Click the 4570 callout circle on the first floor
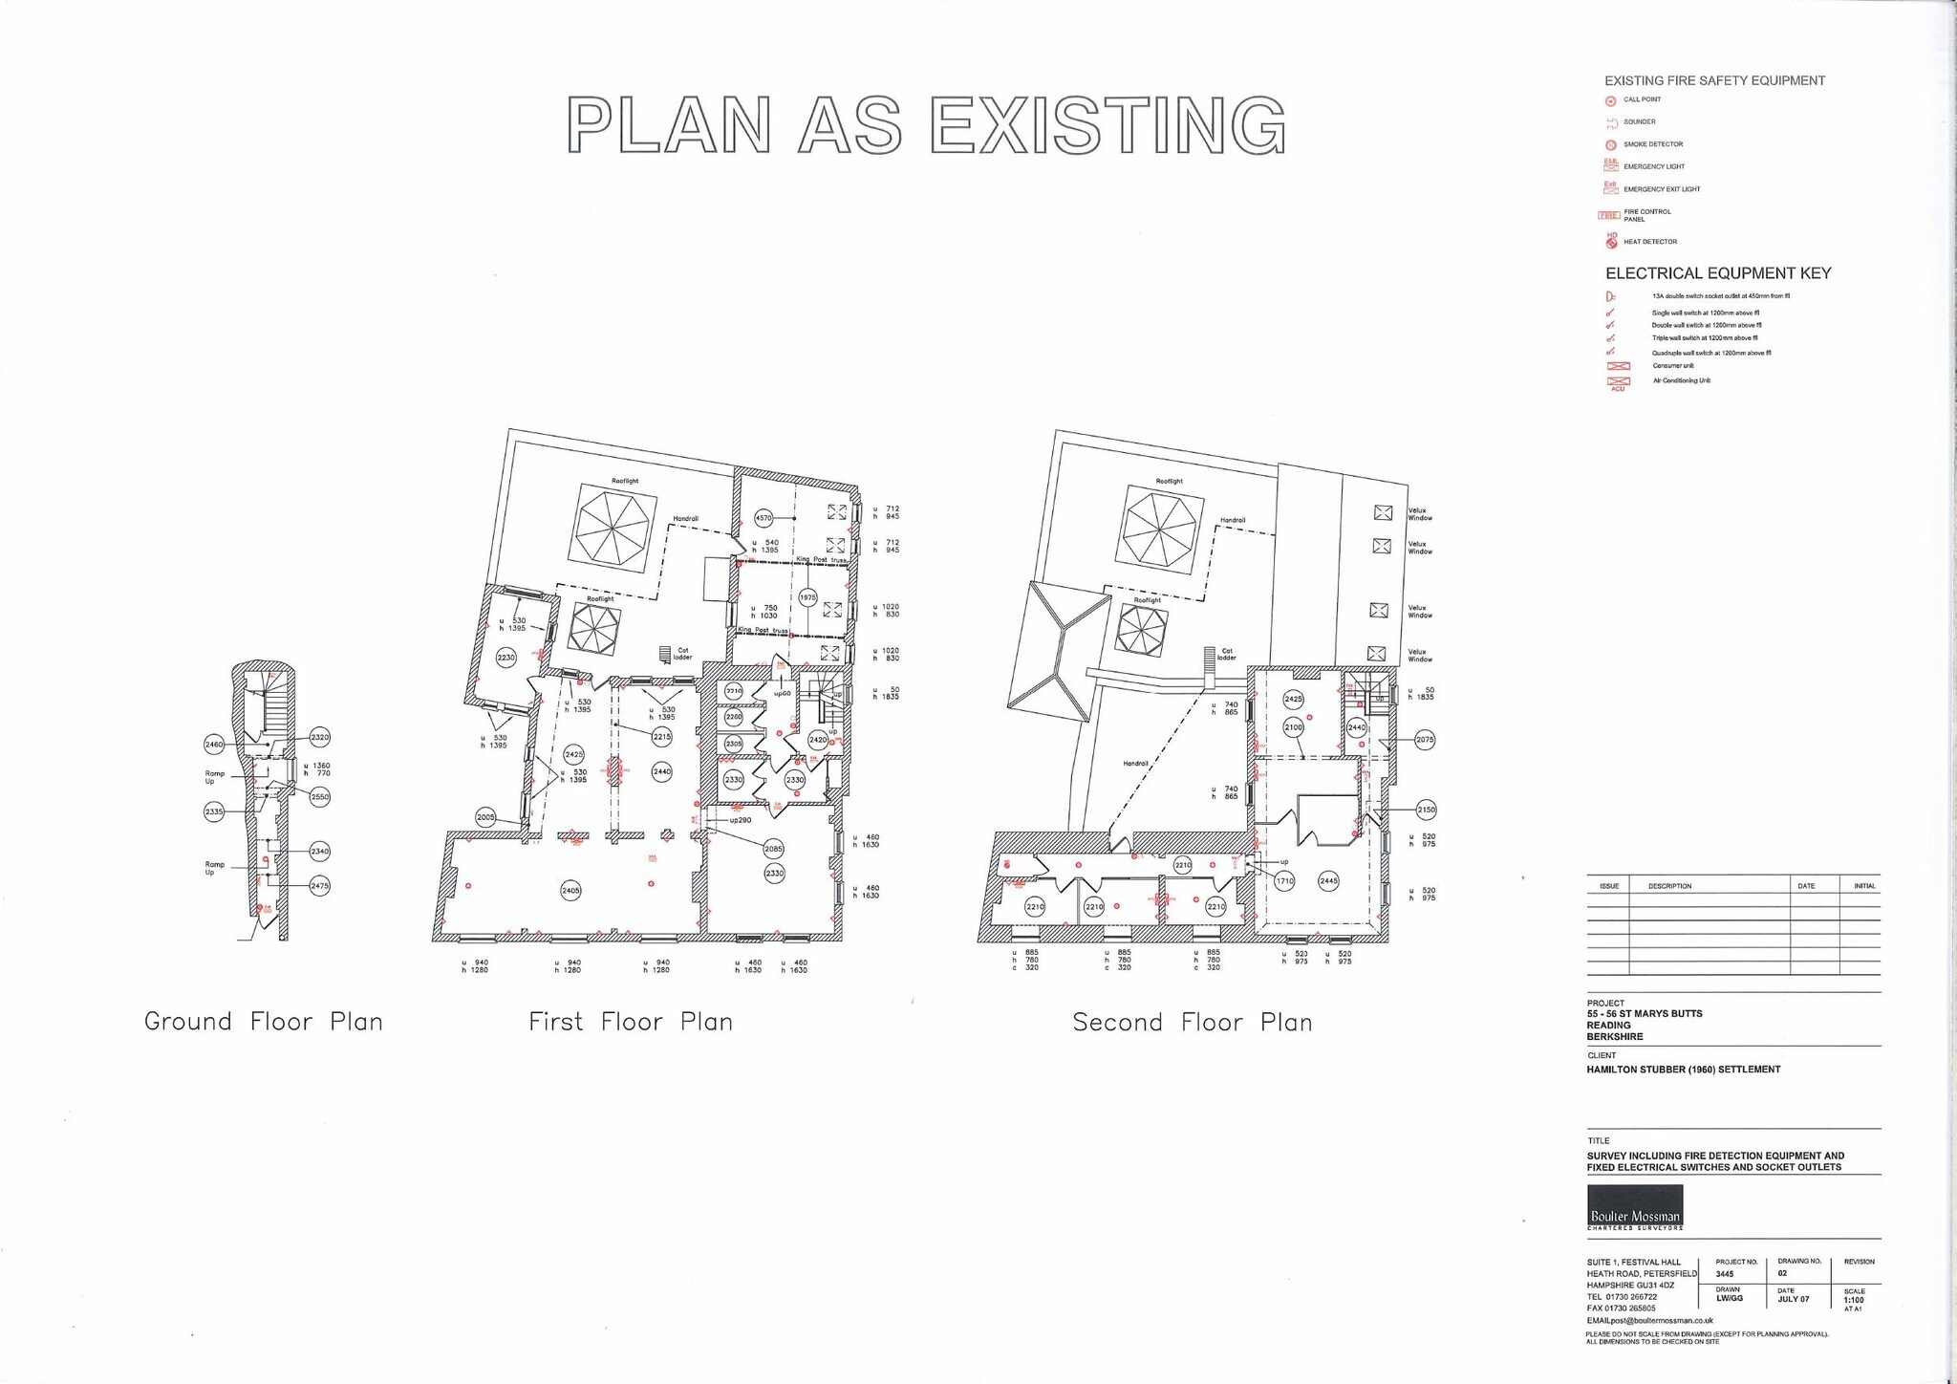pyautogui.click(x=763, y=518)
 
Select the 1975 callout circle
pyautogui.click(x=807, y=597)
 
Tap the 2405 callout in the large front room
pyautogui.click(x=570, y=891)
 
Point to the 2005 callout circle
pyautogui.click(x=485, y=817)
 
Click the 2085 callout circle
pyautogui.click(x=774, y=849)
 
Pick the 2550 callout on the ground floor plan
pyautogui.click(x=320, y=796)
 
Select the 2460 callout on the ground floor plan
pyautogui.click(x=214, y=744)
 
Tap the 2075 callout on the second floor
pyautogui.click(x=1425, y=740)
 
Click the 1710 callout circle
pyautogui.click(x=1284, y=881)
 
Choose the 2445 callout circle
pyautogui.click(x=1328, y=881)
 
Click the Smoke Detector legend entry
pyautogui.click(x=1652, y=144)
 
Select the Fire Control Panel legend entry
pyautogui.click(x=1646, y=215)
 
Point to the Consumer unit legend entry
pyautogui.click(x=1672, y=366)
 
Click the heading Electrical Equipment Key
pyautogui.click(x=1717, y=273)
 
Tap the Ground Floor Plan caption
pyautogui.click(x=263, y=1022)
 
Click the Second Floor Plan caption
pyautogui.click(x=1192, y=1023)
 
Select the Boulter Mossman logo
pyautogui.click(x=1635, y=1207)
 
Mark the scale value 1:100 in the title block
pyautogui.click(x=1854, y=1300)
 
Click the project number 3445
pyautogui.click(x=1725, y=1274)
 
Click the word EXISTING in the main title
pyautogui.click(x=1108, y=125)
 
